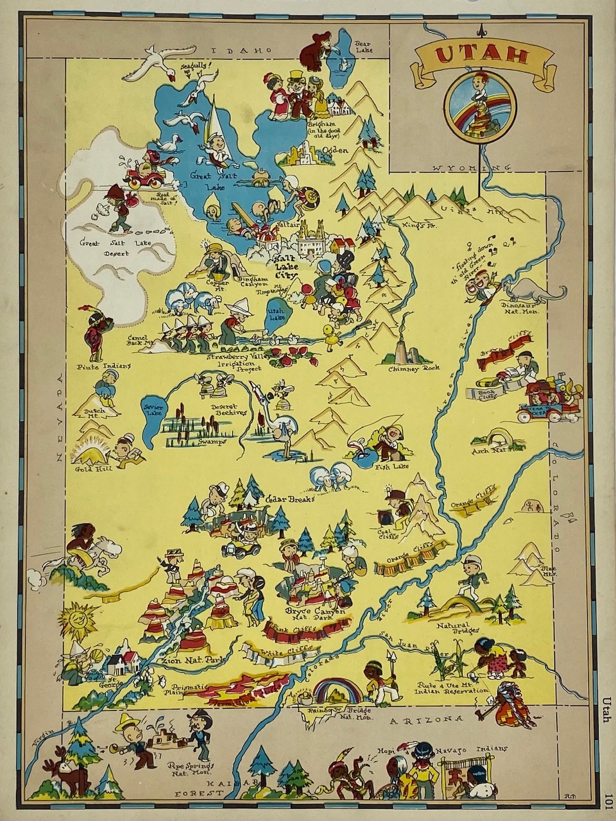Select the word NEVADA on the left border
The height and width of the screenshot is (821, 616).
(62, 417)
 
